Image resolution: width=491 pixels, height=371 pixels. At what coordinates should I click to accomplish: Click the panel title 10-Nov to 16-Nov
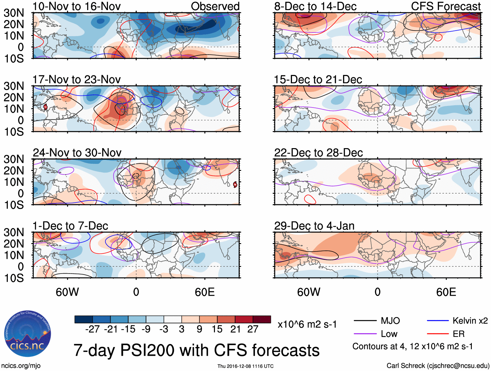pyautogui.click(x=77, y=6)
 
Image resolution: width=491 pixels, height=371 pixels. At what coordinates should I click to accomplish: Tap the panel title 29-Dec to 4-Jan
pyautogui.click(x=314, y=226)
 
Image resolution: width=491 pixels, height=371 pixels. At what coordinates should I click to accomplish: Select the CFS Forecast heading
pyautogui.click(x=446, y=6)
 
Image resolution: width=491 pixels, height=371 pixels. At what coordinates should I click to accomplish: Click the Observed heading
pyautogui.click(x=215, y=6)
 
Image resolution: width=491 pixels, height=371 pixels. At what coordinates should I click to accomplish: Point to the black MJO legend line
pyautogui.click(x=365, y=321)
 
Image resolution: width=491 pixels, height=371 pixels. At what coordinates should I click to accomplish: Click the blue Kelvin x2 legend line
pyautogui.click(x=438, y=321)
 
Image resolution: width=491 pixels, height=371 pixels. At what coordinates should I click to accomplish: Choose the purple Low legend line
pyautogui.click(x=365, y=334)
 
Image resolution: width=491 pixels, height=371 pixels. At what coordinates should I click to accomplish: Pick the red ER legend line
pyautogui.click(x=438, y=334)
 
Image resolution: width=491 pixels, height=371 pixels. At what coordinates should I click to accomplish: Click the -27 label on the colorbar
pyautogui.click(x=92, y=329)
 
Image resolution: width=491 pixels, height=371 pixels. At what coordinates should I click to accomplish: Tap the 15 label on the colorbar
pyautogui.click(x=217, y=329)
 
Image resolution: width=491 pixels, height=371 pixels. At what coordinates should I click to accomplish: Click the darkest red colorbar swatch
pyautogui.click(x=262, y=319)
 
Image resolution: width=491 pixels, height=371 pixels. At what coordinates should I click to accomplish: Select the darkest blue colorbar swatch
pyautogui.click(x=84, y=319)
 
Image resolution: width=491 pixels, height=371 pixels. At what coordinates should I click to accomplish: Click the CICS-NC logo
pyautogui.click(x=28, y=334)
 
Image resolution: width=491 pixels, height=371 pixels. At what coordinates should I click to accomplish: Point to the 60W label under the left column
pyautogui.click(x=67, y=292)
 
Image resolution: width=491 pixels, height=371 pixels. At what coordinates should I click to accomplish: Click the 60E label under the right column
pyautogui.click(x=446, y=292)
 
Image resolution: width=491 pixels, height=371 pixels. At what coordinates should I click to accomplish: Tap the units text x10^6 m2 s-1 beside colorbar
pyautogui.click(x=307, y=325)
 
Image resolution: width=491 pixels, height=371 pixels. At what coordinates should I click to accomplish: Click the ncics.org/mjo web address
pyautogui.click(x=20, y=366)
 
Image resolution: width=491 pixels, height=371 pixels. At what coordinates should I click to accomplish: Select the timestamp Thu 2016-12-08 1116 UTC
pyautogui.click(x=245, y=366)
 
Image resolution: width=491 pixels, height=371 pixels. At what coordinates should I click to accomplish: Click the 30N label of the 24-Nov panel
pyautogui.click(x=14, y=159)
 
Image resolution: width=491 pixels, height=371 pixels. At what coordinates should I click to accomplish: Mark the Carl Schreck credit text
pyautogui.click(x=438, y=366)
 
